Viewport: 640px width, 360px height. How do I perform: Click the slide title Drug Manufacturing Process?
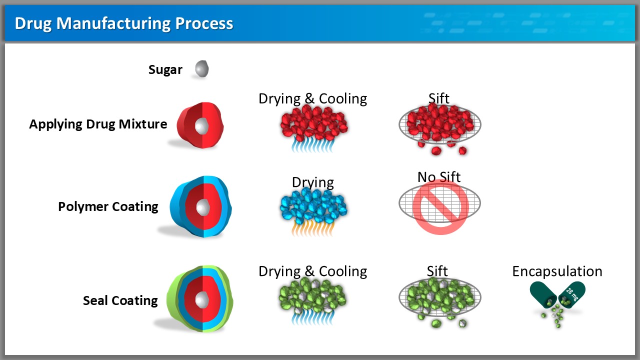pyautogui.click(x=124, y=23)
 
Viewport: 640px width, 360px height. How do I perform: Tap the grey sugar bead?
pyautogui.click(x=202, y=68)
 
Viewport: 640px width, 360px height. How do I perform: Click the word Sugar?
pyautogui.click(x=165, y=69)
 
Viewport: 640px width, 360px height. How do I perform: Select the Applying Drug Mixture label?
pyautogui.click(x=98, y=124)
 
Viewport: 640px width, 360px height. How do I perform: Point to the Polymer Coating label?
pyautogui.click(x=108, y=206)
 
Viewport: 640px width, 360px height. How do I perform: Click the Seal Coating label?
pyautogui.click(x=120, y=300)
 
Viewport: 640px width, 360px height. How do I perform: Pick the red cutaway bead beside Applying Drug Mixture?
pyautogui.click(x=200, y=125)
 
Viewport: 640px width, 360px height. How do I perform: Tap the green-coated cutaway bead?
pyautogui.click(x=200, y=298)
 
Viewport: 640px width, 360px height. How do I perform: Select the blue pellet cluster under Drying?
pyautogui.click(x=313, y=205)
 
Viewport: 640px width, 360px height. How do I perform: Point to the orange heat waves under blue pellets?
pyautogui.click(x=313, y=228)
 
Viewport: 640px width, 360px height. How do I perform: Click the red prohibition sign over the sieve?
pyautogui.click(x=440, y=207)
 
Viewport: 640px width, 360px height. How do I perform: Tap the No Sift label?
pyautogui.click(x=439, y=177)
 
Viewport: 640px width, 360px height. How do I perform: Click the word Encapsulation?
pyautogui.click(x=557, y=271)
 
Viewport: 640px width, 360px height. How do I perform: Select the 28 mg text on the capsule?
pyautogui.click(x=572, y=294)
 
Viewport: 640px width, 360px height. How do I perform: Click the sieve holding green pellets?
pyautogui.click(x=440, y=297)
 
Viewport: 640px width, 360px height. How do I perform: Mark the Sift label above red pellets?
pyautogui.click(x=439, y=98)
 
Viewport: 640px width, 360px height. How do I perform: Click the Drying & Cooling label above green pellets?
pyautogui.click(x=312, y=271)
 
